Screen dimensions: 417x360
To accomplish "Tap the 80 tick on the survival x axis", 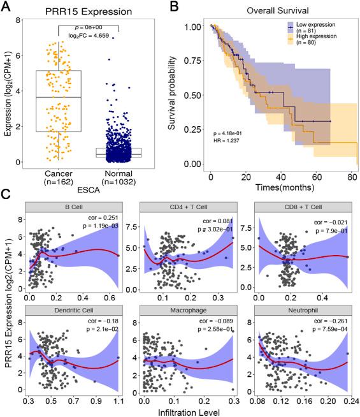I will click(x=351, y=174).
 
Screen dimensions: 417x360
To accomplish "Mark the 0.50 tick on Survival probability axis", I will click(x=191, y=96).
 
